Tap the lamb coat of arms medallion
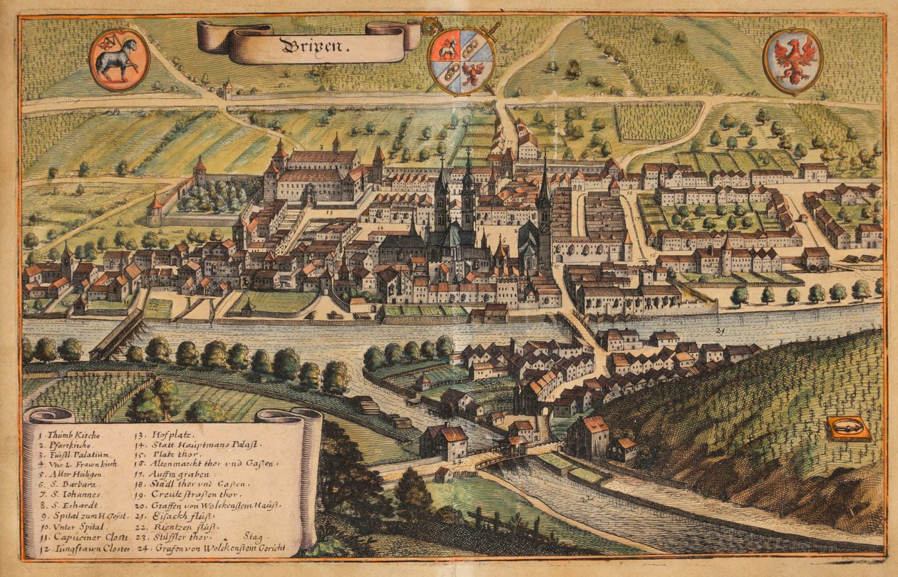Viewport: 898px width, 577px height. click(119, 60)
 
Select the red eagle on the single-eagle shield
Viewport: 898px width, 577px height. click(793, 61)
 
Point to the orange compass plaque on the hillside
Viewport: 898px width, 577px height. click(848, 428)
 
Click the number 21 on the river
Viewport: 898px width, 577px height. click(720, 332)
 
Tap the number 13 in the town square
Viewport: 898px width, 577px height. click(329, 212)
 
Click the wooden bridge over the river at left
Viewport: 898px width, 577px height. click(118, 334)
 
